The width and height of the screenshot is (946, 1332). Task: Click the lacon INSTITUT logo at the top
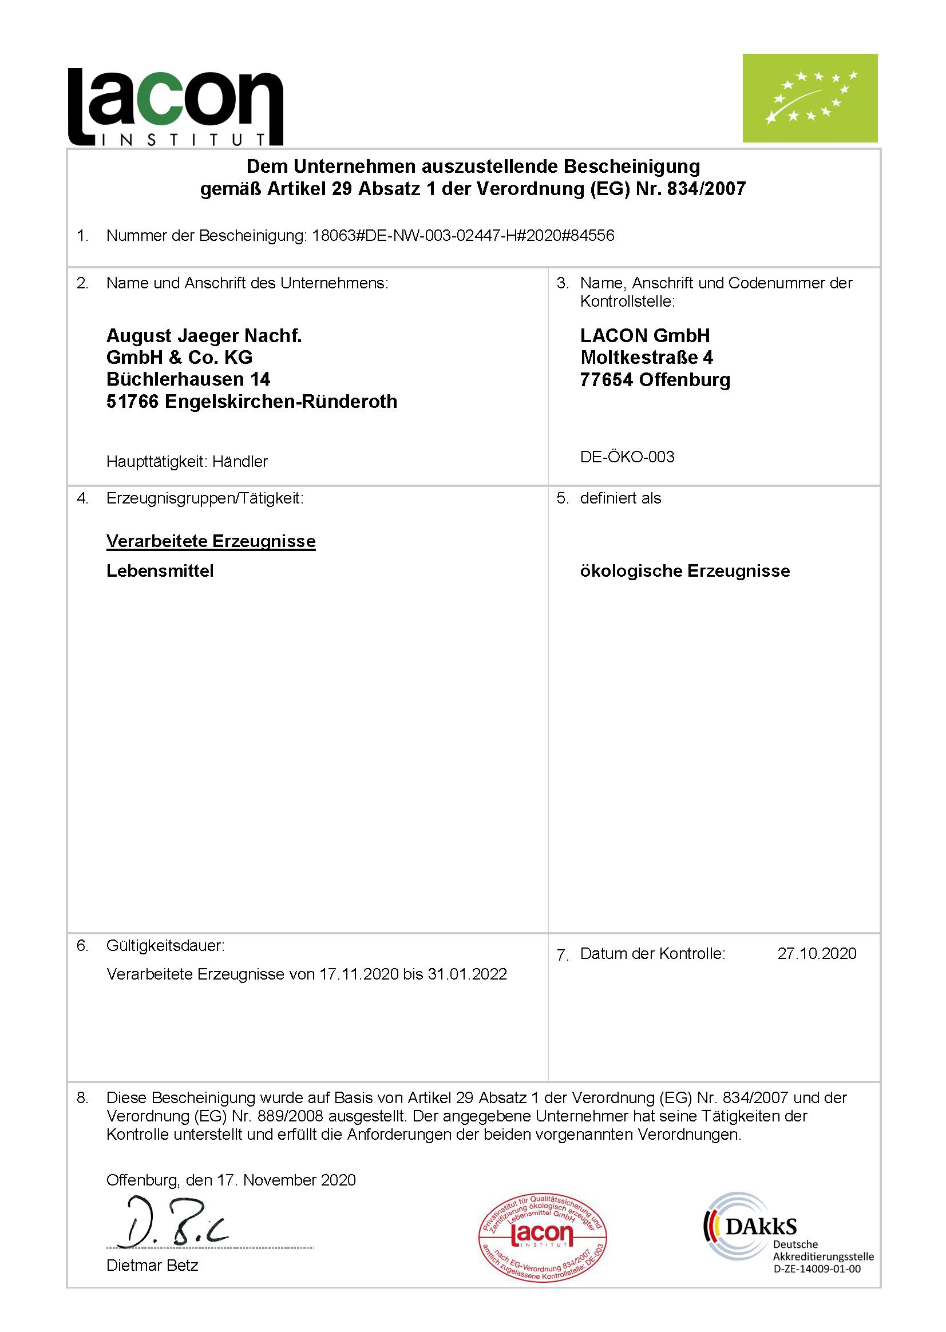[x=175, y=106]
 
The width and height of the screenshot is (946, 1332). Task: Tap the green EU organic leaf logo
[x=809, y=98]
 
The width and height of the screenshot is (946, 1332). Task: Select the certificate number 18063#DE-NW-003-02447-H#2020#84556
[x=462, y=235]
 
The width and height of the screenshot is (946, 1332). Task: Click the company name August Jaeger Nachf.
[x=204, y=335]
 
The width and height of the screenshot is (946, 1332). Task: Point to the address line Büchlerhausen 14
[x=188, y=379]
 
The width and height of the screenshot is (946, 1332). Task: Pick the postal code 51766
[x=132, y=401]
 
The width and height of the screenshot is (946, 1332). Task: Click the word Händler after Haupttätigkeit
[x=239, y=461]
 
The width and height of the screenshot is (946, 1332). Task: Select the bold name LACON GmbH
[x=644, y=335]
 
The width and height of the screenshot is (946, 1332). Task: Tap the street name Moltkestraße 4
[x=646, y=357]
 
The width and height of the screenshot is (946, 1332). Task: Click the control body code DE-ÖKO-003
[x=627, y=457]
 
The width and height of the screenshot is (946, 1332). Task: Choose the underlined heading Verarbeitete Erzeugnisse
[x=211, y=541]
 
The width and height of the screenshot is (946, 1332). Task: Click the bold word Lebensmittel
[x=160, y=571]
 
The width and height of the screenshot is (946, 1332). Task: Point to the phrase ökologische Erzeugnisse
[x=684, y=571]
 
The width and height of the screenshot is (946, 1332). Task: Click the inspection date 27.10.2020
[x=816, y=953]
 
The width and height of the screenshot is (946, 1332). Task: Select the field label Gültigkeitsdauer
[x=165, y=945]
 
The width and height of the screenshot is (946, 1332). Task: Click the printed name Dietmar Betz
[x=152, y=1265]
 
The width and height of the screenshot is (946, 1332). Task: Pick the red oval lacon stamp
[x=543, y=1236]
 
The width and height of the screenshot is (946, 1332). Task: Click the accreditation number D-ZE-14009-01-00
[x=816, y=1268]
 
